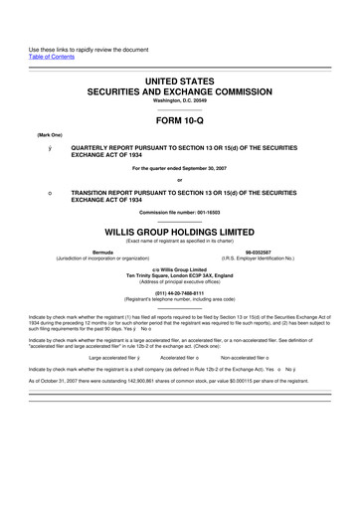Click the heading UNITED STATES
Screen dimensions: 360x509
(180, 78)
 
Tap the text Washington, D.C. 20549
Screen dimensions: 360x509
(180, 100)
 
